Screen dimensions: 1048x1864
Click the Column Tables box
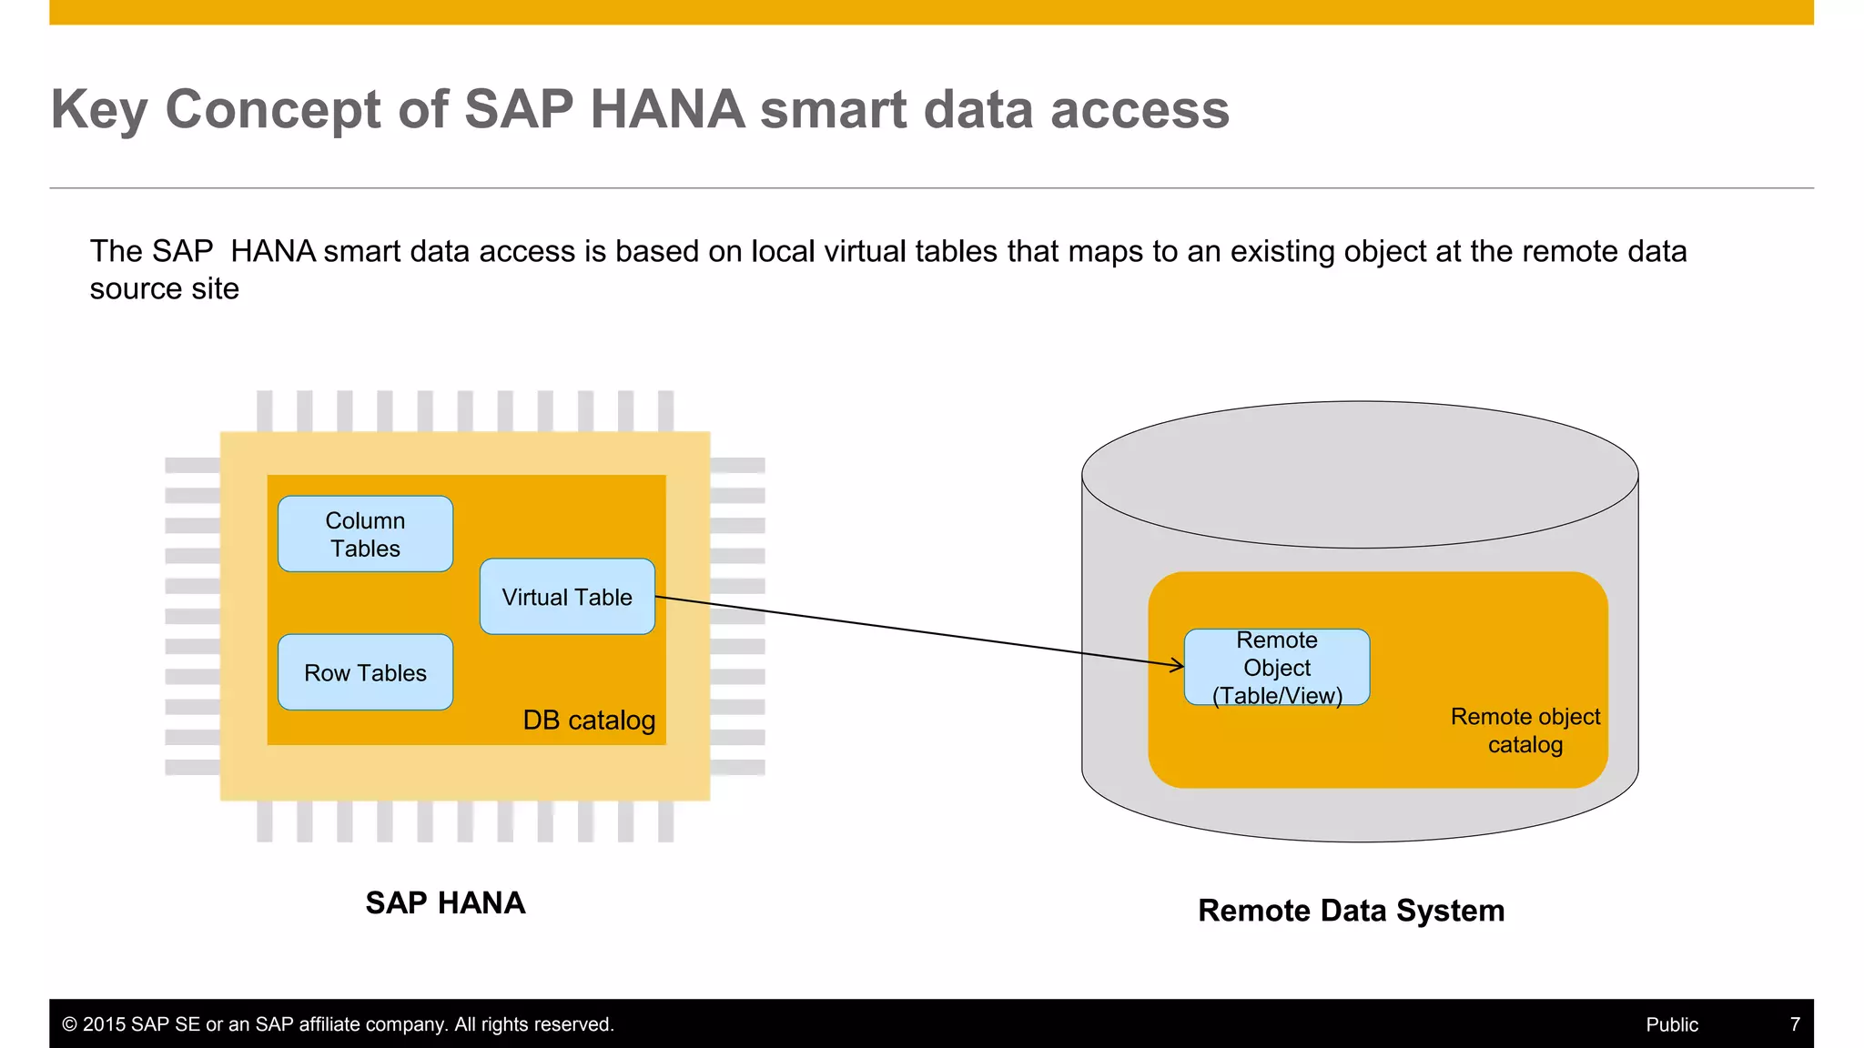click(x=365, y=534)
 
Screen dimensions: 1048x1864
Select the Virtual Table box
click(x=567, y=597)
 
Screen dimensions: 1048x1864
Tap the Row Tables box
click(x=365, y=672)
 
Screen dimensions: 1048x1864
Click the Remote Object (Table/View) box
click(x=1276, y=667)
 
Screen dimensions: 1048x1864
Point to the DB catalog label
click(x=589, y=720)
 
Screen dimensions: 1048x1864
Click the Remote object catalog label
click(x=1525, y=730)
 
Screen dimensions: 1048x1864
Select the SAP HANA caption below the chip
click(x=445, y=902)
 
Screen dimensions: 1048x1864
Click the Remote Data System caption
click(x=1351, y=910)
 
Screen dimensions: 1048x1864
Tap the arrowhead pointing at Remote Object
click(x=1178, y=665)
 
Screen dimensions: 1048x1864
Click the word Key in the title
click(x=98, y=110)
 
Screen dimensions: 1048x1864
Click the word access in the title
click(x=1140, y=110)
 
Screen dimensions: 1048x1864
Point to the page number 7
click(x=1795, y=1024)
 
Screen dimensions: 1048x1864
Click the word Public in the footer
click(x=1671, y=1024)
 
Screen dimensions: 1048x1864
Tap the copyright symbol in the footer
click(x=69, y=1024)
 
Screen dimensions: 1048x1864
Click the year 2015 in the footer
click(x=104, y=1024)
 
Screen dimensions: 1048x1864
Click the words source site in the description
click(x=164, y=288)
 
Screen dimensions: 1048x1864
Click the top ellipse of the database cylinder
click(x=1359, y=474)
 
